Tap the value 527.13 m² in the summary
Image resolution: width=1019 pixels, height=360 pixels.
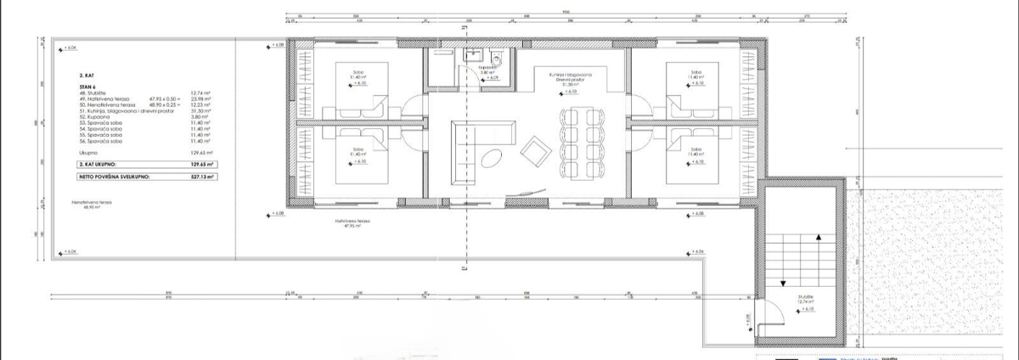[x=202, y=178]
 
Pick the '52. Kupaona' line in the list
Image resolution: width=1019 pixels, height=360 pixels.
[x=87, y=116]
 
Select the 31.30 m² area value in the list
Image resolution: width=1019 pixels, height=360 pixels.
[x=201, y=110]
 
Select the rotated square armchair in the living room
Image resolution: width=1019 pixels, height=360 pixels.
[x=537, y=152]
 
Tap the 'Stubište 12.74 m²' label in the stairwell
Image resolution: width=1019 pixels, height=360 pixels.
[x=807, y=300]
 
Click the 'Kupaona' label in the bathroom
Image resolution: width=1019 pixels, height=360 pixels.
[x=484, y=67]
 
